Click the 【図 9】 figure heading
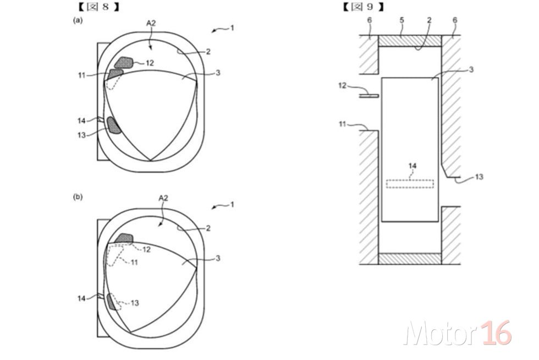(x=364, y=7)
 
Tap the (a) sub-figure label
(x=78, y=20)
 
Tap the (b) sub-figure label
(x=78, y=197)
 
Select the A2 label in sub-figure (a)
(x=151, y=23)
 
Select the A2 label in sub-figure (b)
(x=163, y=198)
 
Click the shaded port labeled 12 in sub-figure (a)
(x=124, y=63)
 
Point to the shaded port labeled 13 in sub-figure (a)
(x=113, y=126)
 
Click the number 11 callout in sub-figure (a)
(x=81, y=75)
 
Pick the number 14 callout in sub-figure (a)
(x=81, y=121)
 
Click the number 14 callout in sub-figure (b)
(x=81, y=298)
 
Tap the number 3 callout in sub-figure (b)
(x=218, y=258)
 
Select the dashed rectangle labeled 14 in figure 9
(x=410, y=184)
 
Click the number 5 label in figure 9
(x=402, y=20)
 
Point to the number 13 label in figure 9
(x=479, y=177)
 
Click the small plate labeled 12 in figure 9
(x=369, y=96)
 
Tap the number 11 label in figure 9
(x=343, y=124)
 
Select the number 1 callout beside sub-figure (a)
(x=232, y=28)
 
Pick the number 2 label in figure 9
(x=430, y=20)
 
